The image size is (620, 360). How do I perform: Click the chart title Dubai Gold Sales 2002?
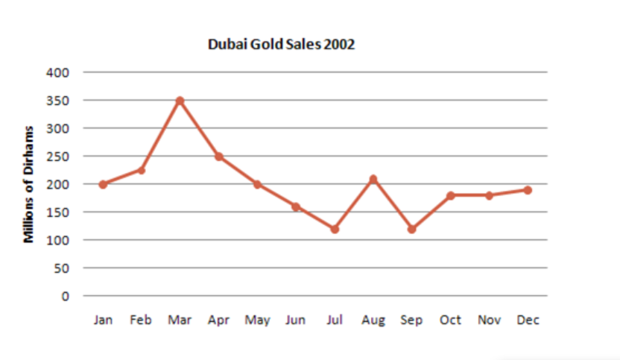coord(281,44)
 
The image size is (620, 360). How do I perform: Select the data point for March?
coord(180,101)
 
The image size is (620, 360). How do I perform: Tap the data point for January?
coord(103,184)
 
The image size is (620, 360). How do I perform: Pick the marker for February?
coord(141,170)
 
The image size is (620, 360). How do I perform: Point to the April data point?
coord(218,157)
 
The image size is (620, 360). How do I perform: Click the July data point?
coord(335,229)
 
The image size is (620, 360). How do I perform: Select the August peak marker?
coord(373,179)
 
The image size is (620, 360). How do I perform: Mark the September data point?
coord(411,229)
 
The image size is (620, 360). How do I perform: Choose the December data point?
coord(528,190)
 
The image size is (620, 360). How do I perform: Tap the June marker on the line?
coord(296,206)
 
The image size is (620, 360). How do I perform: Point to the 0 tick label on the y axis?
coord(66,296)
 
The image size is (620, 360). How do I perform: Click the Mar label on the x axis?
coord(180,320)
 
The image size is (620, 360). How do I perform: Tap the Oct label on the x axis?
coord(450,320)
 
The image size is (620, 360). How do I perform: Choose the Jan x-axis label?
coord(103,320)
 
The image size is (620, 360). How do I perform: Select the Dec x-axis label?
coord(528,320)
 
